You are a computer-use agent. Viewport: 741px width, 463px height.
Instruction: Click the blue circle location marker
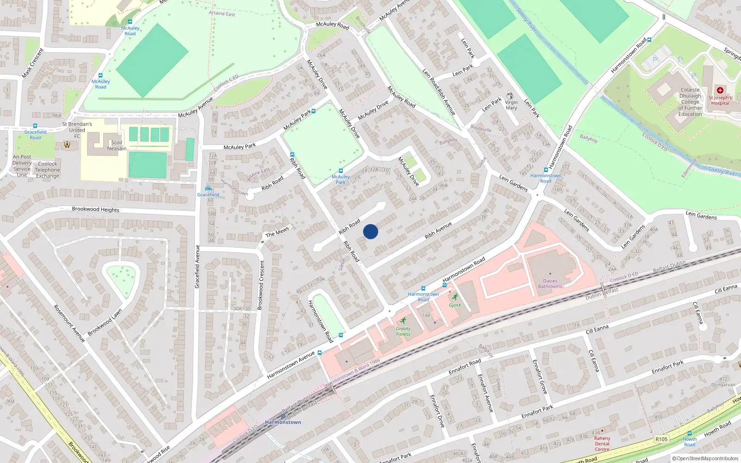[370, 231]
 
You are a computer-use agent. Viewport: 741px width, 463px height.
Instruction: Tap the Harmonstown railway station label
[283, 422]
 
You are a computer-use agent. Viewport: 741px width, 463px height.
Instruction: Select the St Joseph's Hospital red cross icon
[720, 90]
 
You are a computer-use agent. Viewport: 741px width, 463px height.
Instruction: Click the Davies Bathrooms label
[550, 283]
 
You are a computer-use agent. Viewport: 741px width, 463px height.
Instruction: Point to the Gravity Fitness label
[403, 331]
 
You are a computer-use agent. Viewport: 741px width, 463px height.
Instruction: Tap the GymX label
[455, 305]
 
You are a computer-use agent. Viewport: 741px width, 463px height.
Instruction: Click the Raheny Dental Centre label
[602, 444]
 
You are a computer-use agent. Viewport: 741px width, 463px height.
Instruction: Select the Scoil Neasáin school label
[117, 145]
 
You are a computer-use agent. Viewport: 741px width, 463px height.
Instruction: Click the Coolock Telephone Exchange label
[48, 170]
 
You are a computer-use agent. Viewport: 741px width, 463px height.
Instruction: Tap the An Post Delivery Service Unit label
[22, 166]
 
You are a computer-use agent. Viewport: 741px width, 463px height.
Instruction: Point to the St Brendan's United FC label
[77, 130]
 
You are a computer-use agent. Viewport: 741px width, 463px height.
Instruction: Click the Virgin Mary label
[511, 105]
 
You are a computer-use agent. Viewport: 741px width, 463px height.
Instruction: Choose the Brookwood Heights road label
[95, 209]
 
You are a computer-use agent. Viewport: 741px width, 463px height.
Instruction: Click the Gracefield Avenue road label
[197, 267]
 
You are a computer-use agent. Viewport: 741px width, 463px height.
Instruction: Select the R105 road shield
[661, 439]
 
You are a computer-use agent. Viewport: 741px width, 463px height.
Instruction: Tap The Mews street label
[277, 232]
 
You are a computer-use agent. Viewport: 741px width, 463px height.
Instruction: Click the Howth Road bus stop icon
[690, 433]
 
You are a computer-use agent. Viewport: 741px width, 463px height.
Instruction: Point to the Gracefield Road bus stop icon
[35, 126]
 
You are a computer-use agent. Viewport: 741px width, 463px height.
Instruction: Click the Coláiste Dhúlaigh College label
[690, 102]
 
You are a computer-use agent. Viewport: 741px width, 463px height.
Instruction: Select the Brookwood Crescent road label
[261, 285]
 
